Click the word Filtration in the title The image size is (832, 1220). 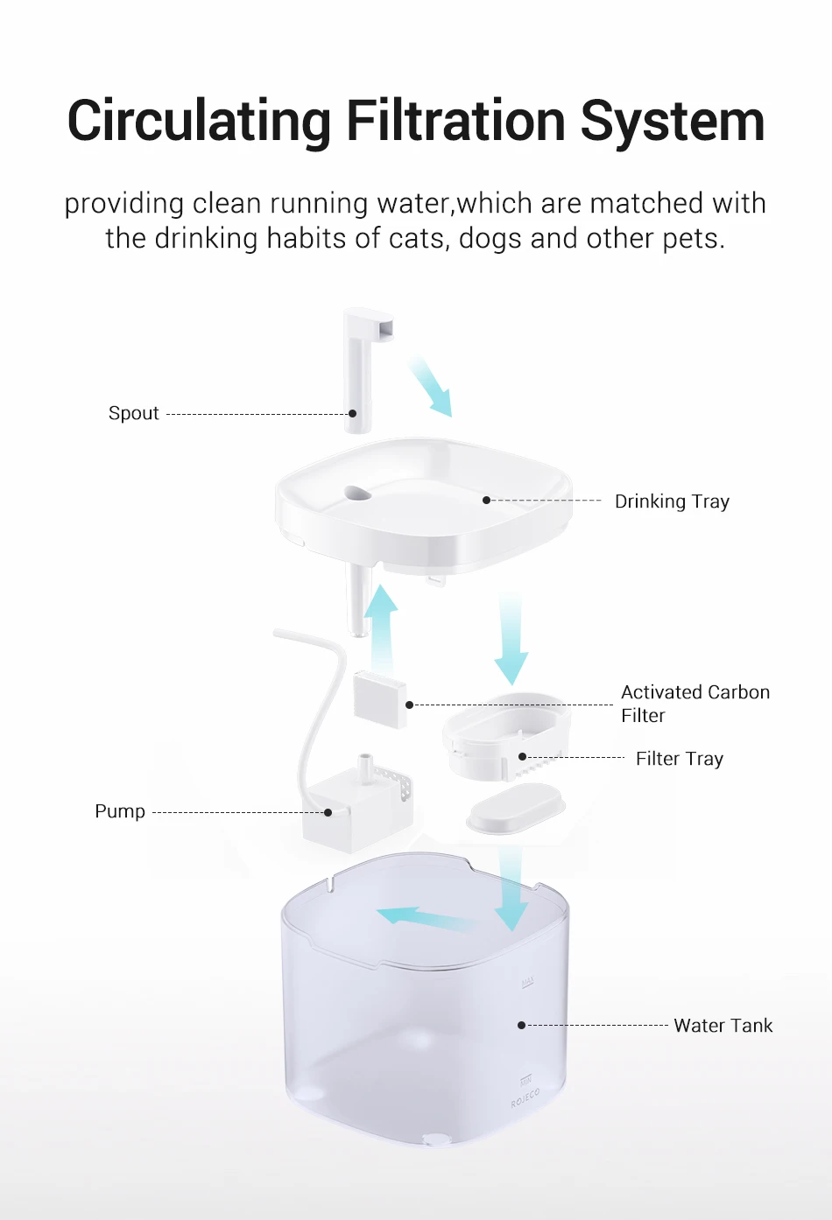point(456,121)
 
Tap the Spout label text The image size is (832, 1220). point(133,413)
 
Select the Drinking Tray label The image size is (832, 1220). point(672,501)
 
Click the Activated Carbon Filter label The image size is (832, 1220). point(695,704)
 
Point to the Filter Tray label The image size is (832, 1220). point(679,759)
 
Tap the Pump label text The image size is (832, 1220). point(120,811)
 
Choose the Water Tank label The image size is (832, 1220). point(723,1026)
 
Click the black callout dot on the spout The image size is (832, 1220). point(353,413)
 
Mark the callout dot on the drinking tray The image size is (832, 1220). point(486,501)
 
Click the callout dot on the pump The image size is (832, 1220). point(328,812)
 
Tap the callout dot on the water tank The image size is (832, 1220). point(521,1025)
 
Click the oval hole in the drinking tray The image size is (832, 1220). point(357,494)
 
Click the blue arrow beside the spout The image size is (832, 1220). point(431,385)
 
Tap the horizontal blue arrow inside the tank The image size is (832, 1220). point(423,919)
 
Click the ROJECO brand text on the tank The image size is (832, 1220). point(525,1099)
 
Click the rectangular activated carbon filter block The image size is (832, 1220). point(380,698)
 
